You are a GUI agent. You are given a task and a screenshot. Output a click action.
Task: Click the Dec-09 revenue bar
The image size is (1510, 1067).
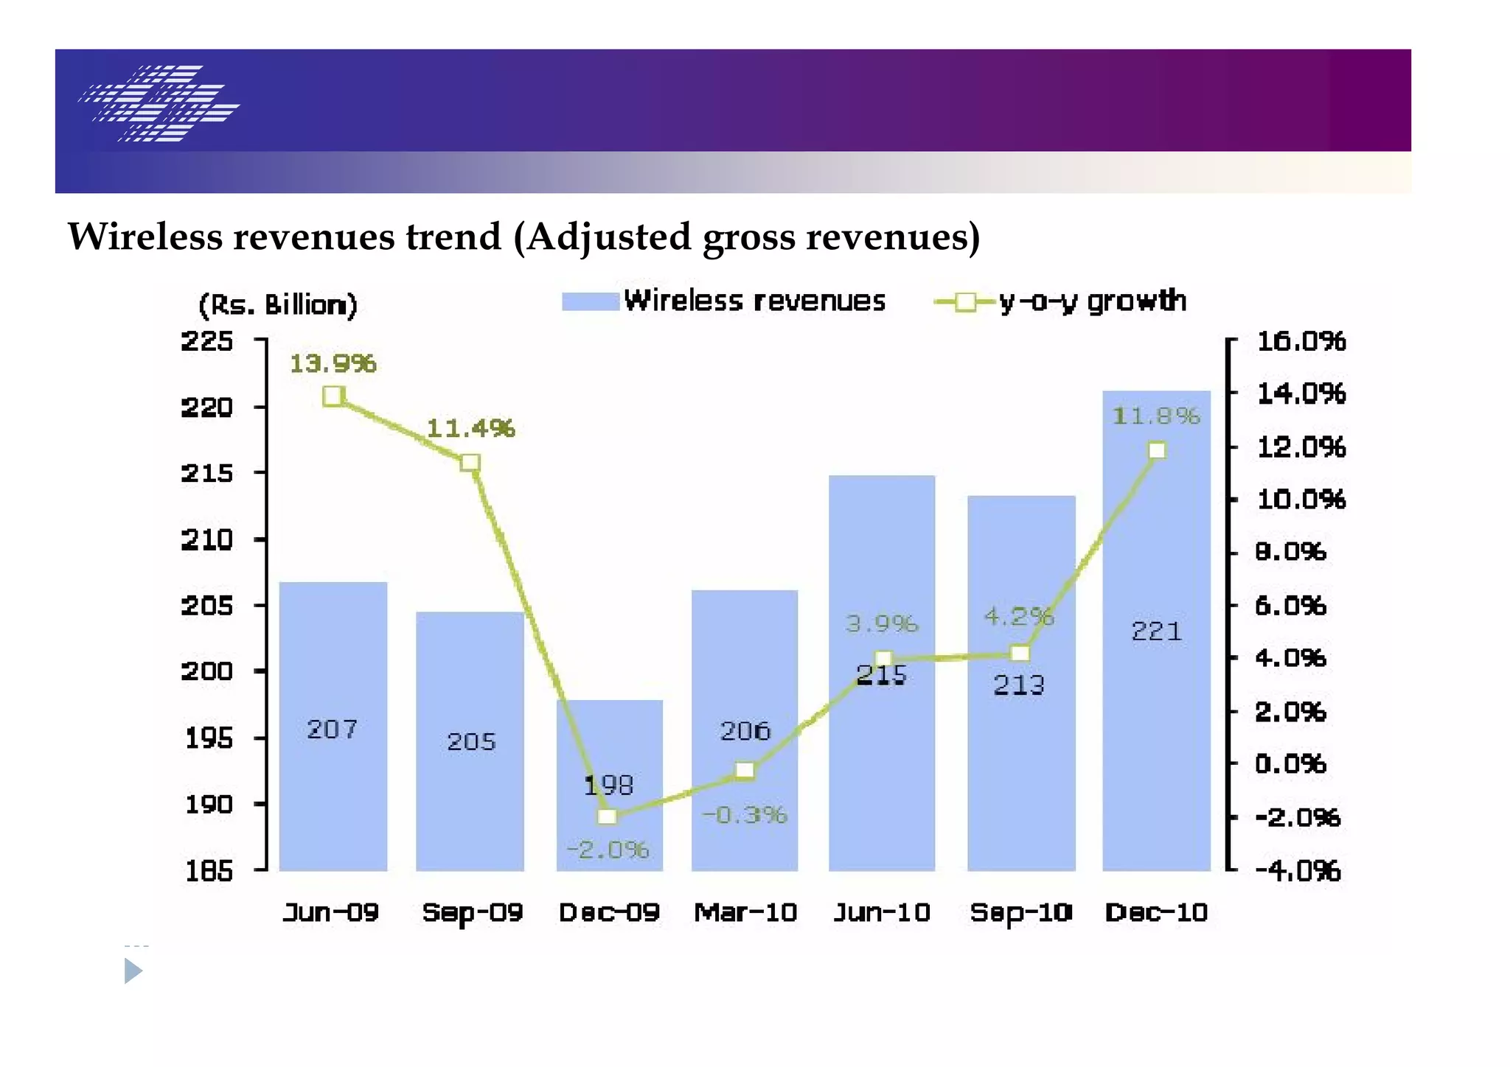(609, 744)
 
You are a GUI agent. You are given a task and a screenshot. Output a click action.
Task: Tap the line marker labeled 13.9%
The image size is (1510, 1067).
(333, 396)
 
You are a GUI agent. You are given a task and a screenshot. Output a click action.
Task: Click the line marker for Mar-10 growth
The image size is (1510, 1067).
(745, 771)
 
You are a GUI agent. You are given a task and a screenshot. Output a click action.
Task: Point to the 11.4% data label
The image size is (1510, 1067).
(470, 428)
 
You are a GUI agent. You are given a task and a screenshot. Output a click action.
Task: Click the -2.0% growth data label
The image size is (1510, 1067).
(608, 850)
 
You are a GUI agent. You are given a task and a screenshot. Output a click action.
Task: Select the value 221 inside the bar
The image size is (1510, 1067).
(1156, 631)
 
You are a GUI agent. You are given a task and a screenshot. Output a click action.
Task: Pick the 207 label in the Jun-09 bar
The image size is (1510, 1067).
(332, 730)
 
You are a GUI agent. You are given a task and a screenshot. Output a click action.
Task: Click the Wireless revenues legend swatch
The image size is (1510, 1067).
(590, 301)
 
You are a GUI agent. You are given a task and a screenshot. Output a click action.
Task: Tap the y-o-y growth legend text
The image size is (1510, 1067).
(1092, 301)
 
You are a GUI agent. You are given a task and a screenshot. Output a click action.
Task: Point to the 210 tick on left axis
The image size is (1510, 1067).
(206, 539)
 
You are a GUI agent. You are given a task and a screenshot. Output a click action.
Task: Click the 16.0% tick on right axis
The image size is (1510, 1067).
(1301, 341)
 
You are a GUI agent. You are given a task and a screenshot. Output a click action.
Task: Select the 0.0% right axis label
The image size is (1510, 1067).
(1290, 763)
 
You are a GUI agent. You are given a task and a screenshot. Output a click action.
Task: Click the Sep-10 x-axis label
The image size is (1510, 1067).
(1020, 912)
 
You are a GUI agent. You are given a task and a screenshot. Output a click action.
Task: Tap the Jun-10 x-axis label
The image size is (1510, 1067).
(882, 912)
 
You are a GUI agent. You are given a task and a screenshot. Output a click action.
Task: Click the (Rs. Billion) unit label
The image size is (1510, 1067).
(278, 304)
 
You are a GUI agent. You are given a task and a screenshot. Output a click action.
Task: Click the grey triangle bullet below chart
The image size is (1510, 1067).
(133, 970)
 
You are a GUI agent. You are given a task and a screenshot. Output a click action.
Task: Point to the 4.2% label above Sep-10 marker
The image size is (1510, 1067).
(1019, 616)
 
